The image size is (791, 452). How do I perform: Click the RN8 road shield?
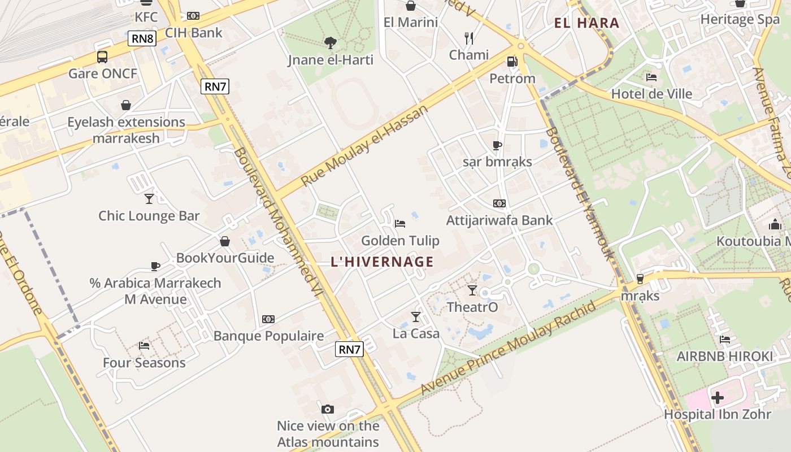coord(142,38)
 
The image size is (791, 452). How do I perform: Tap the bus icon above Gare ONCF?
coord(102,56)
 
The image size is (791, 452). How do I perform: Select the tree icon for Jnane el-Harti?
coord(331,42)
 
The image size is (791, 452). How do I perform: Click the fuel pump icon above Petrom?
coord(512,61)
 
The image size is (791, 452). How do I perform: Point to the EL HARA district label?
coord(587,23)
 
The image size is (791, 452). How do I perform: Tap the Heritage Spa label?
coord(740,19)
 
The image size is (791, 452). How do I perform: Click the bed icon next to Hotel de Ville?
coord(651,77)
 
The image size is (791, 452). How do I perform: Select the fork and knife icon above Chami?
coord(468,38)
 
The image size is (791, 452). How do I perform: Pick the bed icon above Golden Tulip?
coord(400,223)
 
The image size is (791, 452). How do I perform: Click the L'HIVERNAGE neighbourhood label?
coord(383,262)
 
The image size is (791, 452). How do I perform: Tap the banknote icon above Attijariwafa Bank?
coord(499,203)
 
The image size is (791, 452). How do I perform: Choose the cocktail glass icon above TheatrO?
coord(472,290)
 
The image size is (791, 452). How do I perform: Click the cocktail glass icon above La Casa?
coord(416,316)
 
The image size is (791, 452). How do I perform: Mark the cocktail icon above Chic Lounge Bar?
coord(149,198)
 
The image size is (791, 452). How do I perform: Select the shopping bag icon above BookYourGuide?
coord(225,241)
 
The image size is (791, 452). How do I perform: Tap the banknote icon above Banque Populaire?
coord(268,319)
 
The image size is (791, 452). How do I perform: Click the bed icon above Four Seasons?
coord(144,345)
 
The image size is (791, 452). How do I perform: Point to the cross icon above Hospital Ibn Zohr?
coord(718,398)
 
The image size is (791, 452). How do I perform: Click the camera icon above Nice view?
coord(328,409)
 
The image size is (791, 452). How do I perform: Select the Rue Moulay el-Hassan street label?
coord(365,146)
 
